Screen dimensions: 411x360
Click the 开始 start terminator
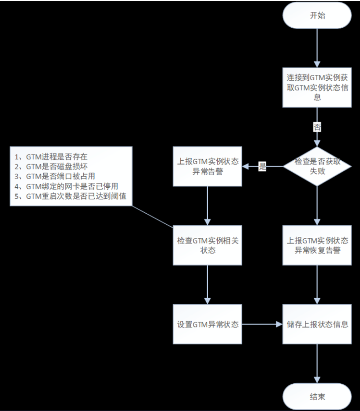click(317, 16)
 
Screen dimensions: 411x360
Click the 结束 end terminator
click(317, 396)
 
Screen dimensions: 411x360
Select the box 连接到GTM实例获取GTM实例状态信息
click(317, 87)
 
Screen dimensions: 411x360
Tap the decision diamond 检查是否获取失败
click(317, 166)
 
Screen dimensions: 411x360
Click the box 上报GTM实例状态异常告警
click(208, 166)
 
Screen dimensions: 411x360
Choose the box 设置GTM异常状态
click(208, 325)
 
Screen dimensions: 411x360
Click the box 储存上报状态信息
click(317, 325)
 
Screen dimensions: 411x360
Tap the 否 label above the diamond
click(317, 127)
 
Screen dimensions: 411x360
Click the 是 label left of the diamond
click(262, 166)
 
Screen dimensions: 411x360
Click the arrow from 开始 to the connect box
click(317, 48)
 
